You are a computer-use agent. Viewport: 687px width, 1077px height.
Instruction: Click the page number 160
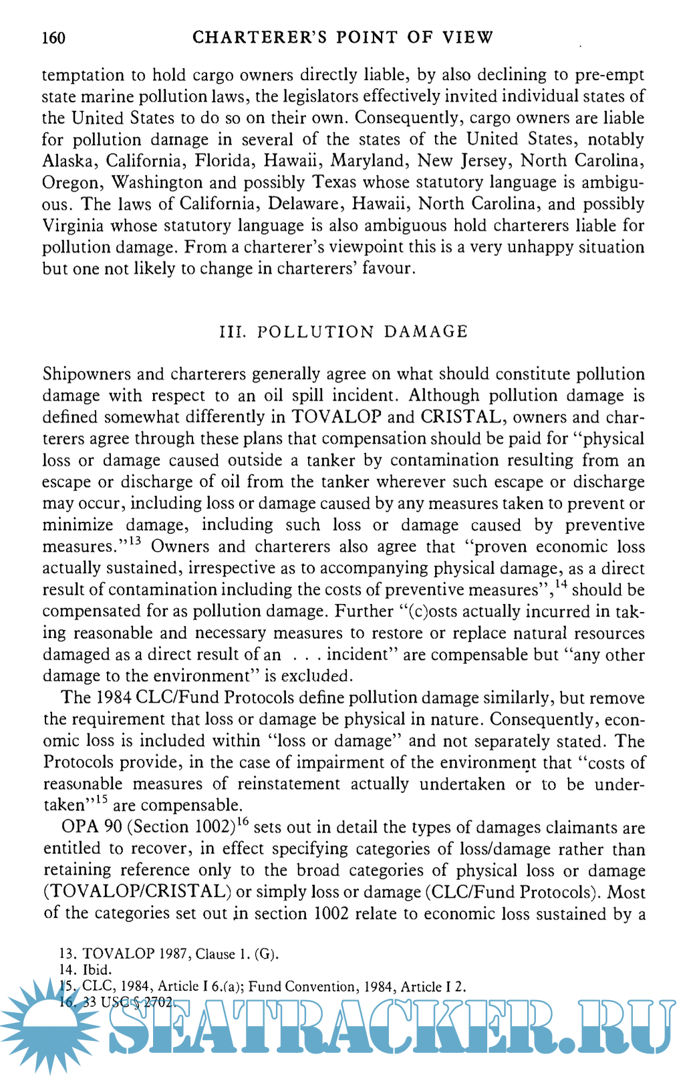53,37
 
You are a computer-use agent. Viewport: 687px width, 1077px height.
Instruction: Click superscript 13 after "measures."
135,541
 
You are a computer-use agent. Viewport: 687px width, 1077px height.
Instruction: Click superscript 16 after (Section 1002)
243,822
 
